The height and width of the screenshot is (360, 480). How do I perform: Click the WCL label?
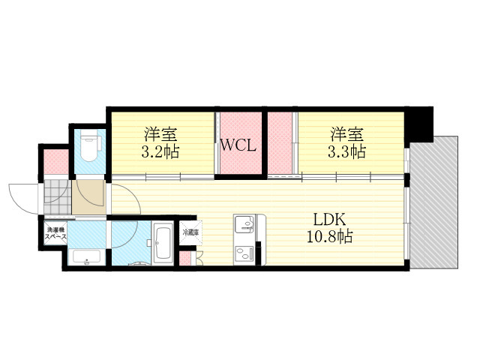(238, 145)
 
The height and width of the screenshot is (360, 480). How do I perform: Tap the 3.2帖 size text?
(160, 151)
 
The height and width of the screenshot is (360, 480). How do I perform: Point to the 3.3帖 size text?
(346, 151)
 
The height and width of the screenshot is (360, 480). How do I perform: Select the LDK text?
(329, 220)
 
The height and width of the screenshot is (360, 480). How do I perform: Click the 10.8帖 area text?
(329, 236)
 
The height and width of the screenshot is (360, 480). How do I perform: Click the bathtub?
(163, 243)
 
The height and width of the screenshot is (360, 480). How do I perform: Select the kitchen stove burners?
(244, 253)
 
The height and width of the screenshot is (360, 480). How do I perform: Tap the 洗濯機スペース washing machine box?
(55, 233)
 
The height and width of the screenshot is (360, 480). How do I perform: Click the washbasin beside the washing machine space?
(87, 257)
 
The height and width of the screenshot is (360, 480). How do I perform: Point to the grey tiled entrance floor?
(58, 196)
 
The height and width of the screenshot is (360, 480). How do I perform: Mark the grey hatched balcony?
(434, 202)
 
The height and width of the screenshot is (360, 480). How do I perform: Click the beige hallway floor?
(89, 196)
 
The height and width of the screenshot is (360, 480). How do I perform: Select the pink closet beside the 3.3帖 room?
(280, 143)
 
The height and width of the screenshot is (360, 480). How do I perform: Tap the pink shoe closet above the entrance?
(56, 162)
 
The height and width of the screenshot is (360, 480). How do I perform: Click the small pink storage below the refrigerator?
(184, 258)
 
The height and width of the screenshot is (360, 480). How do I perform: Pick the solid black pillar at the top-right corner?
(418, 124)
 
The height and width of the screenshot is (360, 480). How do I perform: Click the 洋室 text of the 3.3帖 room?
(346, 134)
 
